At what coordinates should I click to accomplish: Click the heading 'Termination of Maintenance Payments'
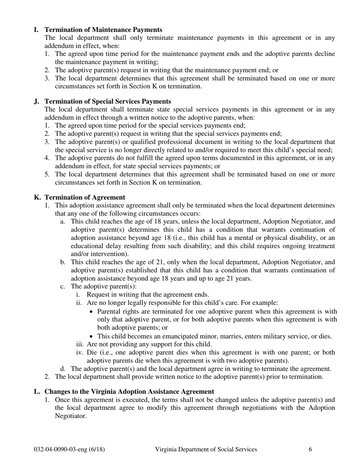pos(103,30)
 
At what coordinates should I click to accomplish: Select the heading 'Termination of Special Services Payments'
pos(108,102)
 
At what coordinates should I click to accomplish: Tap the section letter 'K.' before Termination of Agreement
pos(38,197)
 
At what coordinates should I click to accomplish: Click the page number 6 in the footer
pos(310,449)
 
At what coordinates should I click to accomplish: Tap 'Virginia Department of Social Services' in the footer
pos(206,449)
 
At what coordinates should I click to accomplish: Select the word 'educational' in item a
pos(86,246)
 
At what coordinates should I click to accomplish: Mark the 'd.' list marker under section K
pos(63,369)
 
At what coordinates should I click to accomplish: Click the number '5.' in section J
pos(47,174)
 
